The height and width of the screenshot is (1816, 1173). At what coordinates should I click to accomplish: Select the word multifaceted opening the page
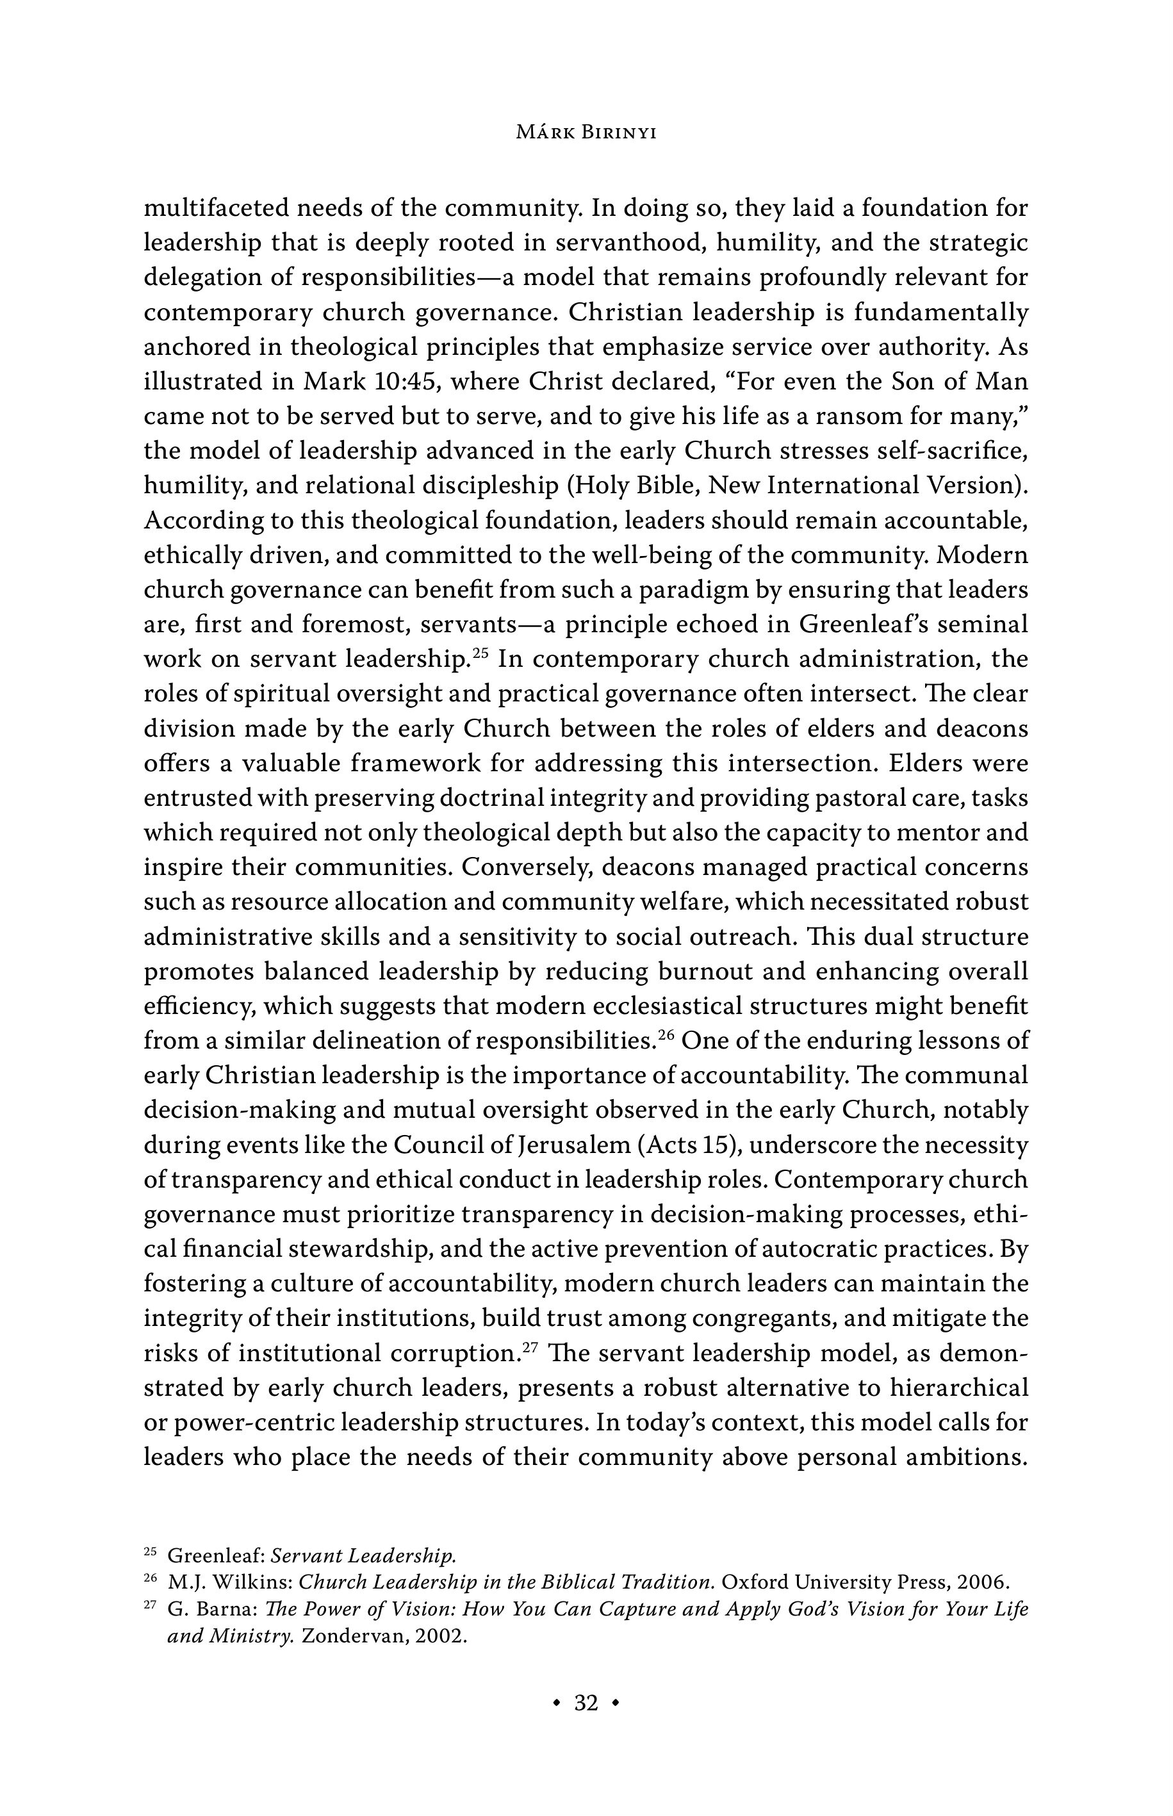pos(215,208)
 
